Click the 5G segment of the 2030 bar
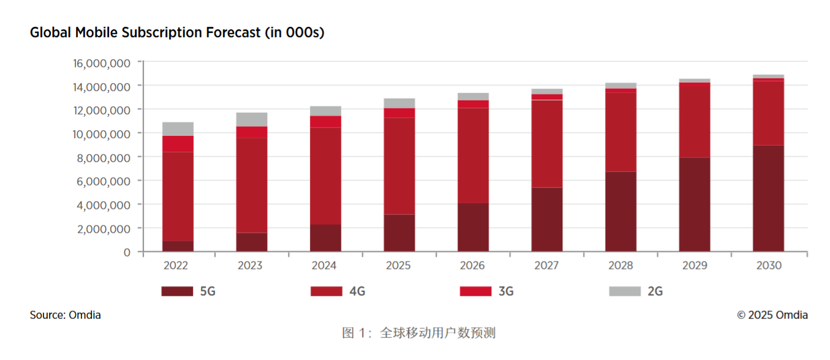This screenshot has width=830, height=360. tap(768, 198)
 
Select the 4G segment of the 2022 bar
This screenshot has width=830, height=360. tap(178, 196)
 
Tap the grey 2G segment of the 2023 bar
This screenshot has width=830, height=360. tap(252, 119)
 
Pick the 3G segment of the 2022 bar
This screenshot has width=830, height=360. tap(178, 144)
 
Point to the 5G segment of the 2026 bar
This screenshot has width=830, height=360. tap(473, 227)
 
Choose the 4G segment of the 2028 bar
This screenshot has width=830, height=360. tap(621, 132)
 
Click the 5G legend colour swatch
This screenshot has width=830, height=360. tap(177, 291)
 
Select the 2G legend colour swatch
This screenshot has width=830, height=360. tap(625, 291)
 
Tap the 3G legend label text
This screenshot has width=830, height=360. tap(506, 291)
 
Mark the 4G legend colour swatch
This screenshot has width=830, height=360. tap(326, 291)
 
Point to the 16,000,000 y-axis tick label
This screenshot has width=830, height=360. tap(101, 63)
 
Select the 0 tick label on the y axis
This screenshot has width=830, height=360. tap(126, 252)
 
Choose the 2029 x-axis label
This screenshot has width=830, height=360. tap(695, 266)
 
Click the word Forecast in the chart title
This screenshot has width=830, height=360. tap(232, 33)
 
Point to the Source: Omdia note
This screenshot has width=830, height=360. tap(65, 315)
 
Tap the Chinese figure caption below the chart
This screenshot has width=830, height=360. tap(418, 334)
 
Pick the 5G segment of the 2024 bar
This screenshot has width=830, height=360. tap(325, 238)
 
